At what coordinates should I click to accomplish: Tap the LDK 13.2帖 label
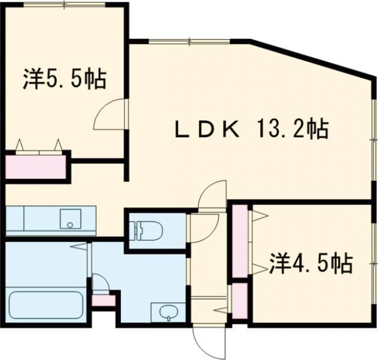(x=251, y=130)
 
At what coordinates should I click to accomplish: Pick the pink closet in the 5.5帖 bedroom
(x=36, y=167)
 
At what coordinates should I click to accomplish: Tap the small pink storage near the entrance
(x=239, y=301)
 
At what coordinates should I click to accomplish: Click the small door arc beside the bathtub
(x=101, y=283)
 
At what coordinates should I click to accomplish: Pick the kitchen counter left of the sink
(x=31, y=220)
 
